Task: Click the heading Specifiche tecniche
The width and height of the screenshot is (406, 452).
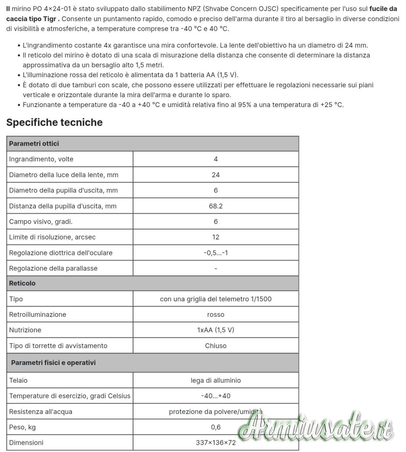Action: [54, 122]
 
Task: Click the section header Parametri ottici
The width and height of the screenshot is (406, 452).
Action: [34, 144]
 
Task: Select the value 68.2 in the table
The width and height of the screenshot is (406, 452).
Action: [216, 206]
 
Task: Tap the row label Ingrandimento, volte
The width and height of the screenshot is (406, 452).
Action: [41, 159]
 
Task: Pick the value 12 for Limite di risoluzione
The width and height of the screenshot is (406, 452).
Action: [216, 237]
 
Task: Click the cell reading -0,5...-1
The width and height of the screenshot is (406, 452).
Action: [216, 253]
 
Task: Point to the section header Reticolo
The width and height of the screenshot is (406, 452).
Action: [22, 283]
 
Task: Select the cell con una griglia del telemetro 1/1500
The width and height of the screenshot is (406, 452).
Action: [216, 299]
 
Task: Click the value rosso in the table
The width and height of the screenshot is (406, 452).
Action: [216, 315]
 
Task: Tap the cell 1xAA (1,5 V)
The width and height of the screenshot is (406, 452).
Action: [216, 330]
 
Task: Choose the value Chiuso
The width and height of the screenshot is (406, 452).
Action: [216, 346]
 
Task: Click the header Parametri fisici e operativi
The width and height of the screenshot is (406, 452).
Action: [53, 363]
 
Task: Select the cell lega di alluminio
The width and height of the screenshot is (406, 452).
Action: [216, 380]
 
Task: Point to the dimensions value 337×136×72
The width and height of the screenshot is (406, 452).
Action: [216, 443]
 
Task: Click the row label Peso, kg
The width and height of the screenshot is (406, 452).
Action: [22, 427]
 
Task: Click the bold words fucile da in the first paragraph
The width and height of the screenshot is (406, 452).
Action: [383, 9]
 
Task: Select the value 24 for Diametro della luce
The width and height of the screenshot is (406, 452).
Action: [216, 175]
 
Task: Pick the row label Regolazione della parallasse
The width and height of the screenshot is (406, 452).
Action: [53, 268]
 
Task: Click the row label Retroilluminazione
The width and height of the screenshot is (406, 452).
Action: [37, 315]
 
